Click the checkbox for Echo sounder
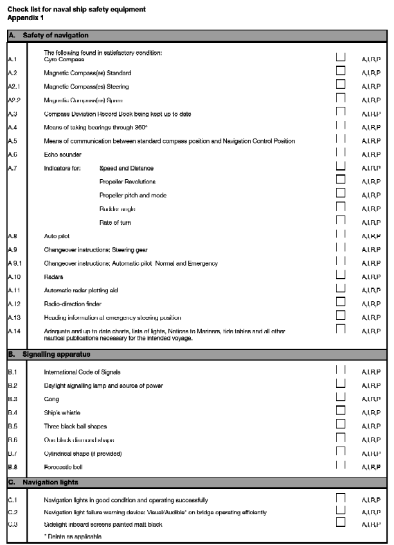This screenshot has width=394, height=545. coord(341,154)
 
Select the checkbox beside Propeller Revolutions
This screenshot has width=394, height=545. coord(341,181)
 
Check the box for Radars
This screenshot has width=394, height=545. coord(341,276)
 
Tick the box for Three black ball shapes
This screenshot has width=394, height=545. coord(341,425)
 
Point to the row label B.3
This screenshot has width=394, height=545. coord(12,399)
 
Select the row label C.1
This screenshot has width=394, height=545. coord(12,499)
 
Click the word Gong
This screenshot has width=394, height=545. coord(51,399)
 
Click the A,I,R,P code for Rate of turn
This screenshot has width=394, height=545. coord(371,223)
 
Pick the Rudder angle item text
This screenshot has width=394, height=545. coord(117,209)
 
